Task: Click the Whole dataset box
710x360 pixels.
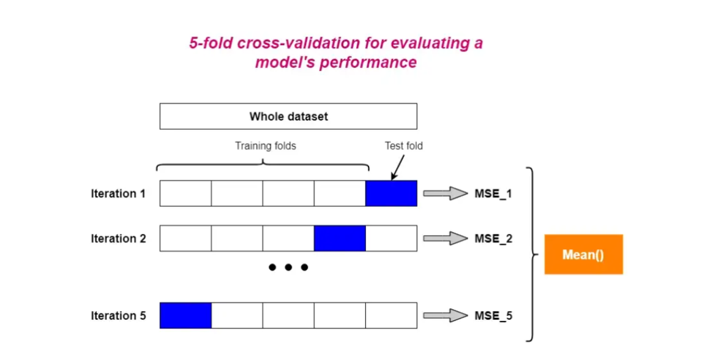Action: pyautogui.click(x=288, y=116)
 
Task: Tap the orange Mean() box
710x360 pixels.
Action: pyautogui.click(x=583, y=254)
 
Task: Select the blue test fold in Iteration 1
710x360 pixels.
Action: pyautogui.click(x=391, y=193)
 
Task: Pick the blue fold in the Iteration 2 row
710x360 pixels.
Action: pyautogui.click(x=340, y=238)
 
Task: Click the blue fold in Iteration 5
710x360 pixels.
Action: pyautogui.click(x=185, y=315)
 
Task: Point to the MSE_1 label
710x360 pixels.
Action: pyautogui.click(x=493, y=194)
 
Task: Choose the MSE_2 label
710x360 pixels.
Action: pyautogui.click(x=493, y=239)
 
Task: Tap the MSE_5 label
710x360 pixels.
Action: pyautogui.click(x=493, y=316)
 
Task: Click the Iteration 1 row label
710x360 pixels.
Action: pyautogui.click(x=118, y=194)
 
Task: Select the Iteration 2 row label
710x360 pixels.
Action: pyautogui.click(x=118, y=239)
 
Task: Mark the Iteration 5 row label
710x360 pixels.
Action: pyautogui.click(x=118, y=316)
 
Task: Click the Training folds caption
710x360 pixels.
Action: pyautogui.click(x=265, y=146)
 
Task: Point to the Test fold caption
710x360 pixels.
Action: pyautogui.click(x=403, y=146)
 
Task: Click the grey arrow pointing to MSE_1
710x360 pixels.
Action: pyautogui.click(x=445, y=194)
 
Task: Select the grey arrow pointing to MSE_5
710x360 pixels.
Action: pyautogui.click(x=445, y=316)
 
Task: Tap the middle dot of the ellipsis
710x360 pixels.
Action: pyautogui.click(x=288, y=268)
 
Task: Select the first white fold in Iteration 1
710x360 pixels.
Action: pyautogui.click(x=185, y=193)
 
